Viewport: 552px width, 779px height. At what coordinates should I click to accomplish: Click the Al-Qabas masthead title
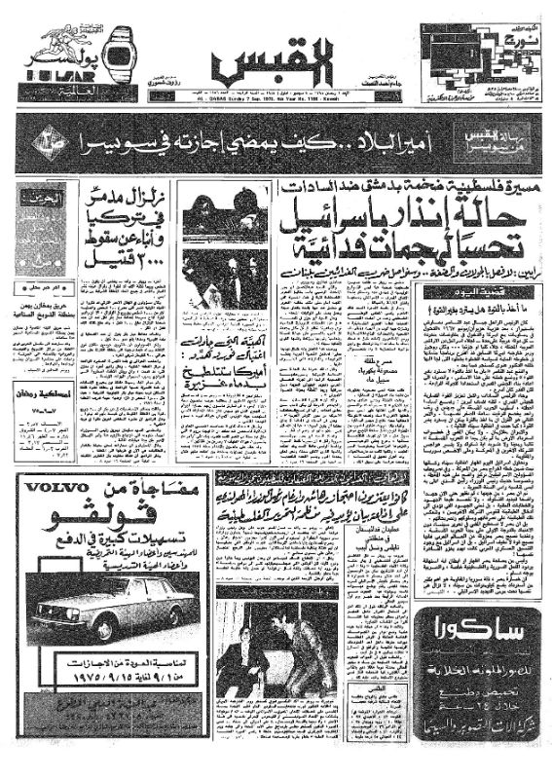pos(274,62)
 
